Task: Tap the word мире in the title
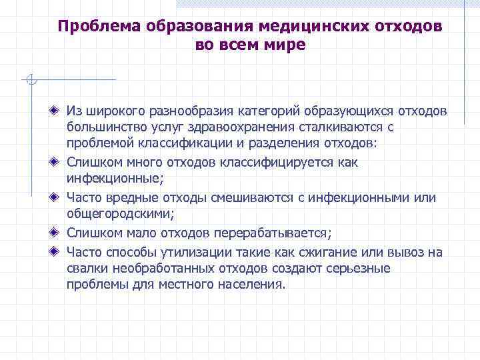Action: [x=285, y=45]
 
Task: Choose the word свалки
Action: [x=87, y=268]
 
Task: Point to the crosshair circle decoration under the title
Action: [x=30, y=81]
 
